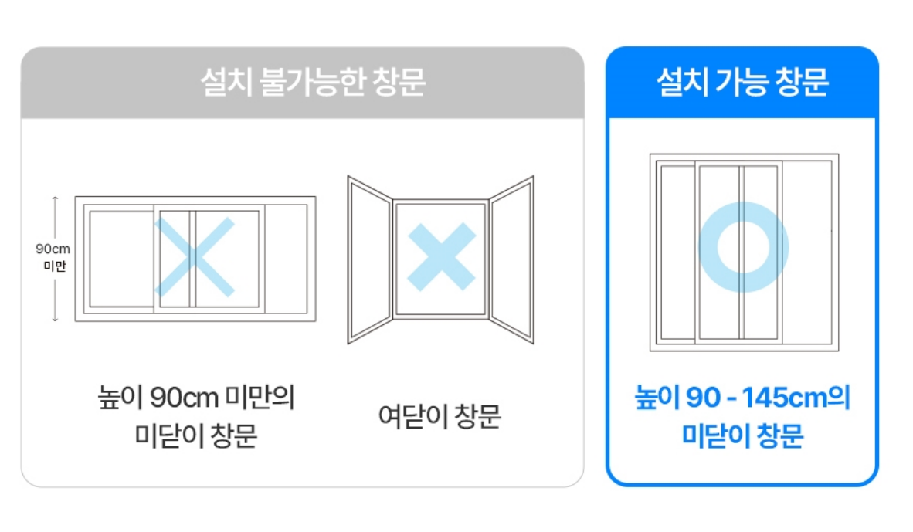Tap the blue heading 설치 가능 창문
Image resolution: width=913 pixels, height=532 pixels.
742,83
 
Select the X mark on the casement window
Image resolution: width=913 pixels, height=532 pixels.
441,257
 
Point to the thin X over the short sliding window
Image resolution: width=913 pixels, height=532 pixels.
194,257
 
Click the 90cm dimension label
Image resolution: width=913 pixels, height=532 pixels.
53,249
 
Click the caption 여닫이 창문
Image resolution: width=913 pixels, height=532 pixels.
440,417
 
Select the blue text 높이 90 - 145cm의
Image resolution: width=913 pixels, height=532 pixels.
742,399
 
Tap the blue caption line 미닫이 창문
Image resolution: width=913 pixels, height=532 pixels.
742,436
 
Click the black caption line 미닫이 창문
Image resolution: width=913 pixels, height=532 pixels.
195,436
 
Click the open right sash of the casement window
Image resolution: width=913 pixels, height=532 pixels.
511,259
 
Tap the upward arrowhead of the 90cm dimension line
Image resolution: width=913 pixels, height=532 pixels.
55,198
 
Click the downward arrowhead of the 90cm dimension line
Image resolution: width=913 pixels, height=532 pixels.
55,319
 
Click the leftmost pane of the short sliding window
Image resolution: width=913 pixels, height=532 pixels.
120,259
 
